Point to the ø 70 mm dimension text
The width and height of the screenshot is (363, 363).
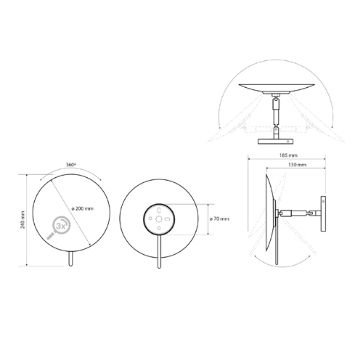pos(220,219)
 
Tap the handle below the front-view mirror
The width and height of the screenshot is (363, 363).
pos(70,260)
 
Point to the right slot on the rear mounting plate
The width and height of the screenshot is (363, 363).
pos(168,219)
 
